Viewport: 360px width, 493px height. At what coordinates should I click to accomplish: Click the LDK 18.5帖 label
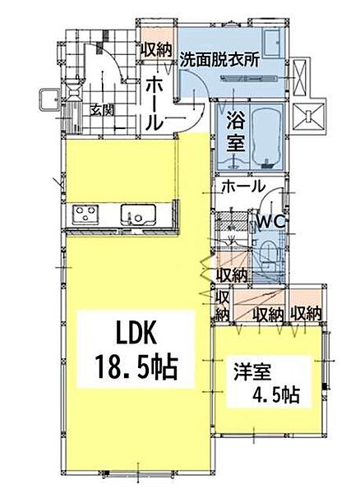click(x=136, y=350)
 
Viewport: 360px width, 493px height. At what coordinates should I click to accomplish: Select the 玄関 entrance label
click(x=102, y=110)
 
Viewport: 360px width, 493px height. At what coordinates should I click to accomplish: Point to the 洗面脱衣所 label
click(x=219, y=60)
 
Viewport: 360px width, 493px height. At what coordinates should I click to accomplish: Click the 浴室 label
click(x=236, y=131)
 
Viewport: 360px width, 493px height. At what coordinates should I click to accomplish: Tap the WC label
click(x=270, y=223)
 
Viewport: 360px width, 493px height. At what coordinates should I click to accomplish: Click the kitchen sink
click(x=138, y=214)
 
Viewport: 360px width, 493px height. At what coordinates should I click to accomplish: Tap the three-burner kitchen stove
click(x=85, y=214)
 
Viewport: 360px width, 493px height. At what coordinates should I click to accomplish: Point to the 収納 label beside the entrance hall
click(x=156, y=50)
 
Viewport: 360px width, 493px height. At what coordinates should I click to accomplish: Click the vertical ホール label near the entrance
click(x=155, y=105)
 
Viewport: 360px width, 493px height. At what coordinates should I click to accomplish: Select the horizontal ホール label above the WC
click(x=243, y=187)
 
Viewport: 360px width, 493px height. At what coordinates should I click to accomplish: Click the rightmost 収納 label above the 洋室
click(x=306, y=314)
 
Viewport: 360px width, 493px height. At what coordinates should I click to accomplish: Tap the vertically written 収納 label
click(x=223, y=306)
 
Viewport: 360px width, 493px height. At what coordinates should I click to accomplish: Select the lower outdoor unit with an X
click(x=308, y=117)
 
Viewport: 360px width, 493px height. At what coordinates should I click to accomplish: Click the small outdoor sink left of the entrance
click(x=48, y=100)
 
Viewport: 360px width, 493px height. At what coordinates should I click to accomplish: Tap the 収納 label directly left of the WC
click(x=232, y=276)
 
